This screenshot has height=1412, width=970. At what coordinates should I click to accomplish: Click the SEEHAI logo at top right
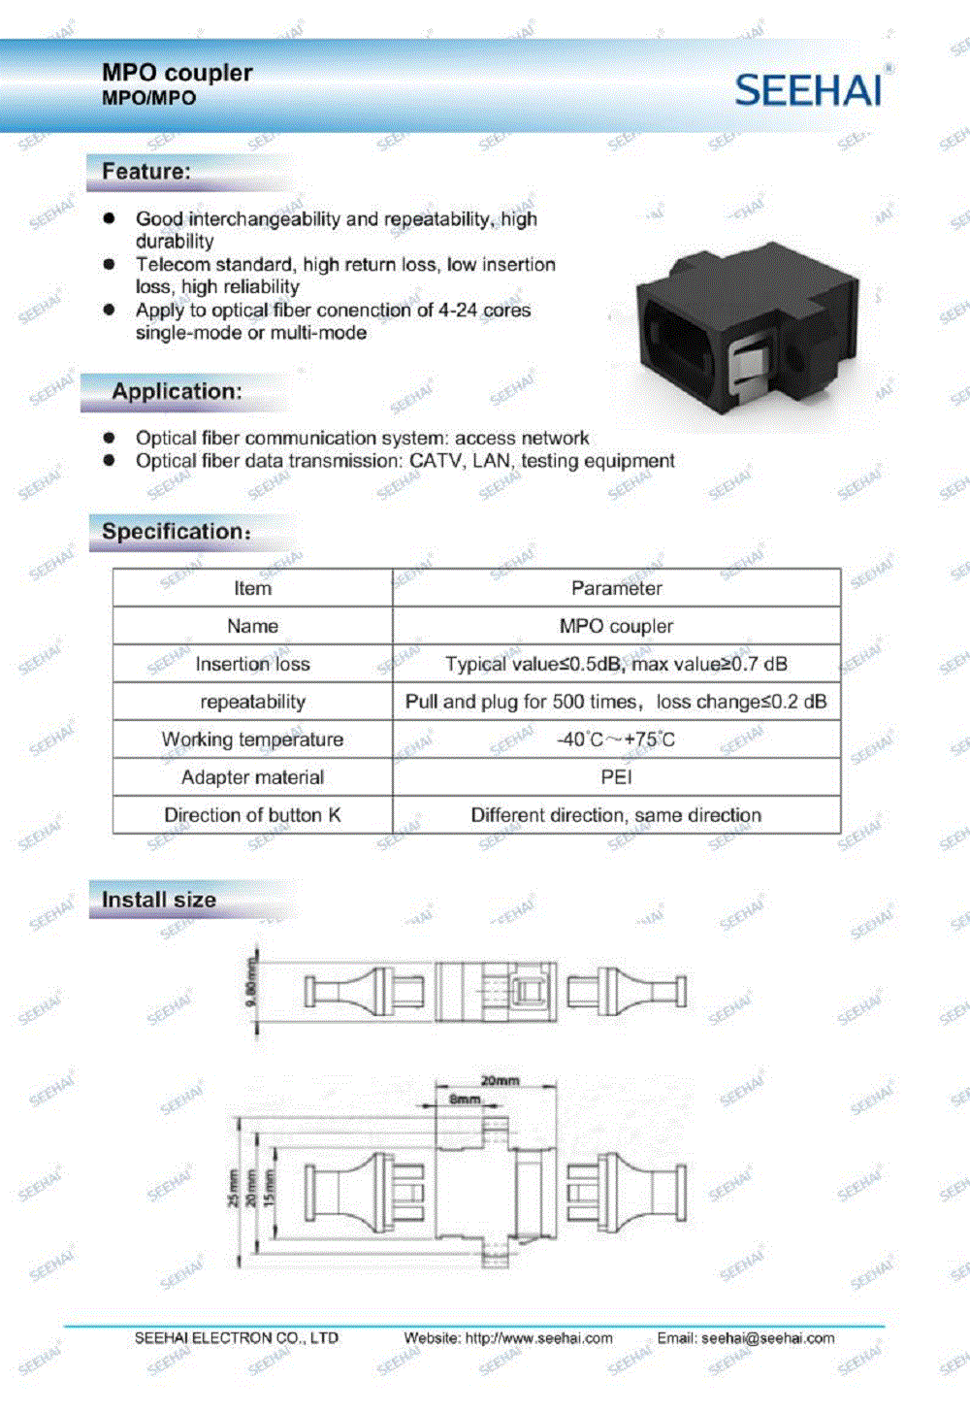coord(809,89)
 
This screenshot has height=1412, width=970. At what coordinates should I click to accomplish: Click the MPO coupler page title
coord(177,73)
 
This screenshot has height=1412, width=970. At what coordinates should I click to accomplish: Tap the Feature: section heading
coord(146,172)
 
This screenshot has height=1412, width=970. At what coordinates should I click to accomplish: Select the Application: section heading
coord(177,391)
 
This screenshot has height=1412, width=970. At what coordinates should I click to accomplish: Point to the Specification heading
coord(176,532)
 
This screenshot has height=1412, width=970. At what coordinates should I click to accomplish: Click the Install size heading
coord(158,900)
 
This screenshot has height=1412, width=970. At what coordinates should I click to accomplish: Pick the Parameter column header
coord(616,588)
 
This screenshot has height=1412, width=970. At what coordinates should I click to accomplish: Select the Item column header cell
coord(252,588)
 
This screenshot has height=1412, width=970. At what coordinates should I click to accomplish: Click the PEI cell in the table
coord(616,777)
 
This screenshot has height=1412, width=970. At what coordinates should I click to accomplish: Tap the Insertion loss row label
coord(252,664)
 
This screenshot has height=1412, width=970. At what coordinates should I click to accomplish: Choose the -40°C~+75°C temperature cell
coord(616,739)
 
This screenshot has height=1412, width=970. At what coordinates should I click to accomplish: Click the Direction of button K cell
coord(252,815)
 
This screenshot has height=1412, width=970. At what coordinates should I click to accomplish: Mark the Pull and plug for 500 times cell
coord(616,702)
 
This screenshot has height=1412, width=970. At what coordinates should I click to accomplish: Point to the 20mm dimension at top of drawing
coord(500,1080)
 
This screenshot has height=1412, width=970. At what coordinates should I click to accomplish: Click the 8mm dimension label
coord(465,1099)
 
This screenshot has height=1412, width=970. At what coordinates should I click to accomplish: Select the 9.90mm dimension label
coord(252,982)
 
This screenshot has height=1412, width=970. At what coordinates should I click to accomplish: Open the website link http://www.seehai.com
coord(538,1338)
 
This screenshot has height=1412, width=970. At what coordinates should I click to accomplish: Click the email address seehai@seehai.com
coord(767,1338)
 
